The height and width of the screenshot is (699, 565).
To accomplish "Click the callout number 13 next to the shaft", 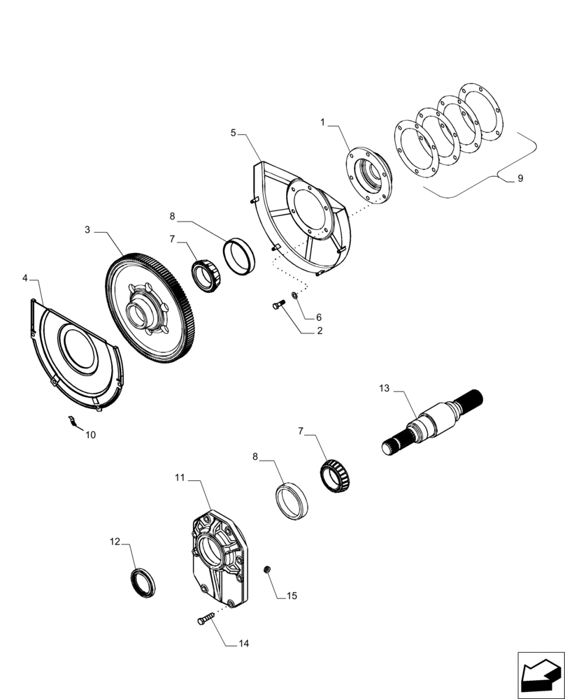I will [384, 388].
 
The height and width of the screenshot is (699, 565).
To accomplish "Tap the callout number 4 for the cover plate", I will [25, 278].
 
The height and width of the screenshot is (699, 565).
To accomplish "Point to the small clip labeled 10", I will [71, 420].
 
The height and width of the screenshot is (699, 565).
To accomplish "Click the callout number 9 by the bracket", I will [520, 179].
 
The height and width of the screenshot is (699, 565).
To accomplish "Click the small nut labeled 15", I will [266, 571].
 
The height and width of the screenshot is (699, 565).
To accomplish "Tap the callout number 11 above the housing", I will [180, 477].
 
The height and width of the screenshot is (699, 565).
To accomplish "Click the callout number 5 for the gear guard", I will [233, 132].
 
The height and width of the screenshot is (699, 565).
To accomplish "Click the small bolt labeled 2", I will [278, 305].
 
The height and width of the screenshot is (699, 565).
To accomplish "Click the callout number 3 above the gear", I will [87, 229].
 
